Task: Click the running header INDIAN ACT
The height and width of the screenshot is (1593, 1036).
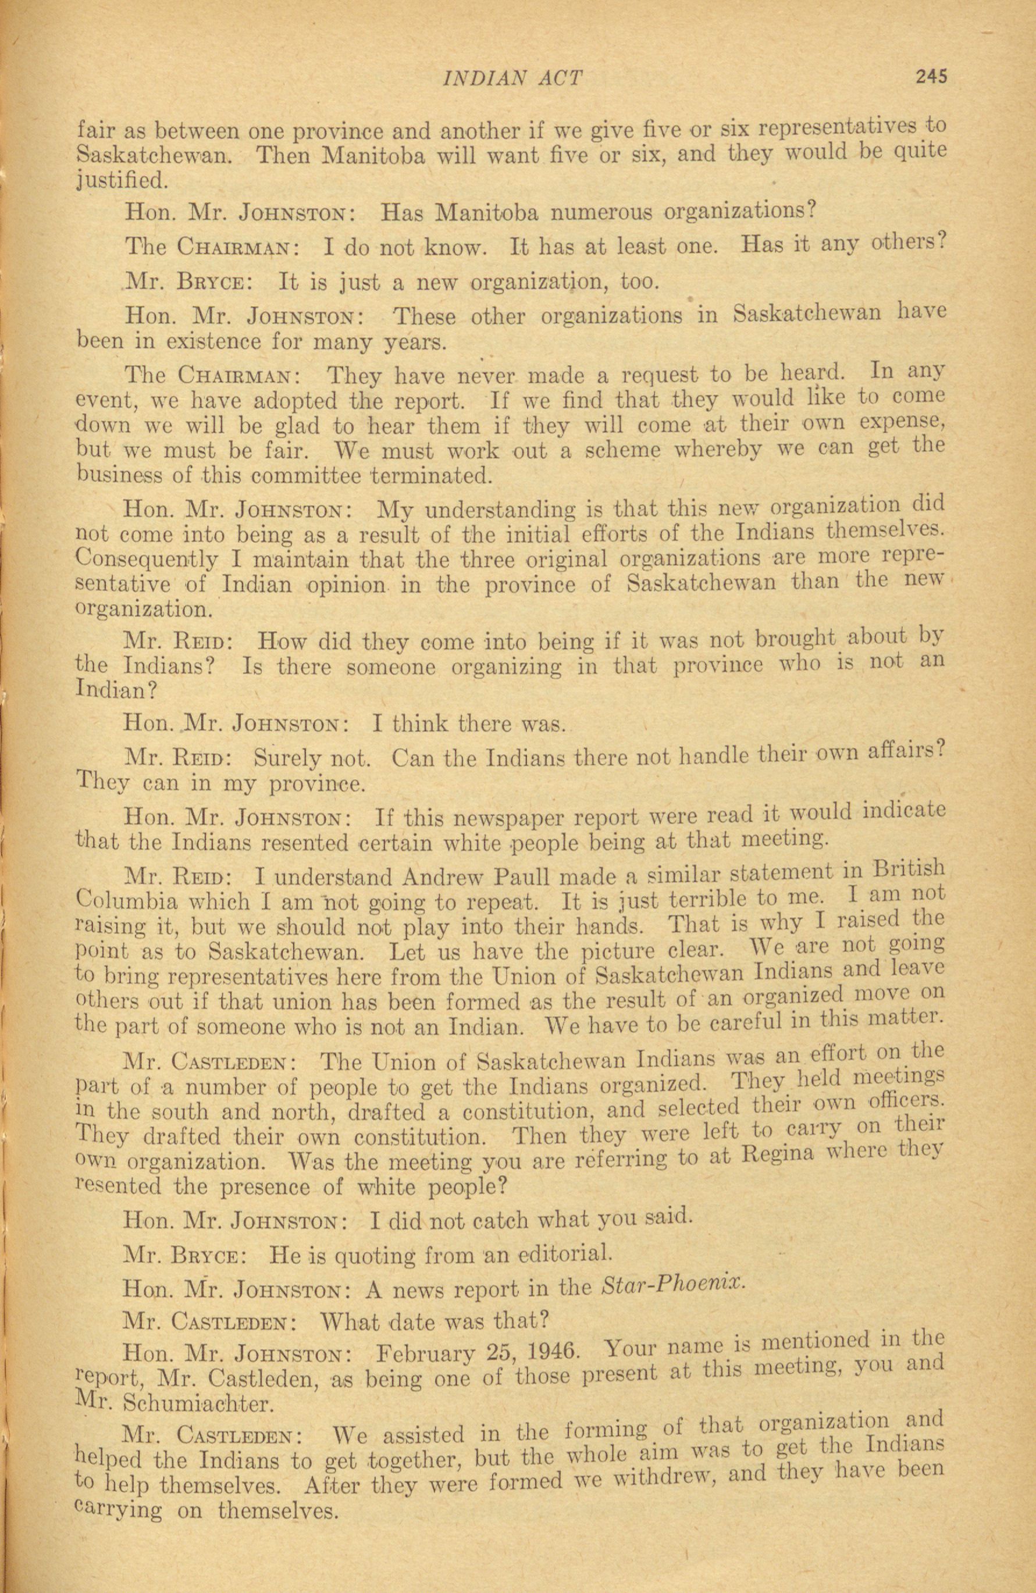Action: point(513,79)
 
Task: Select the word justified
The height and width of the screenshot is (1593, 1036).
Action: point(119,181)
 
